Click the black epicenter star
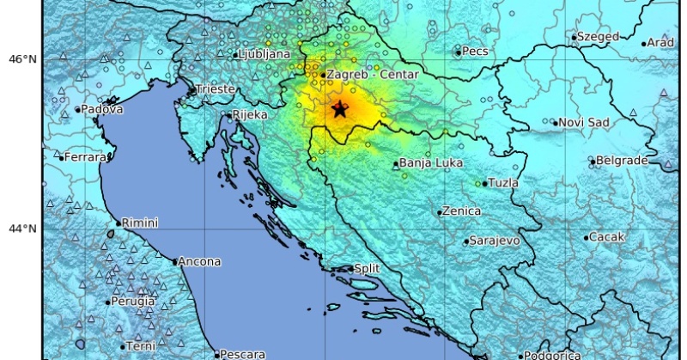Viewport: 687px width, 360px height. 340,109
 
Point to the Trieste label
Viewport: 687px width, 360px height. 215,88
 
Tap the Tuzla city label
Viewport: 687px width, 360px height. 502,183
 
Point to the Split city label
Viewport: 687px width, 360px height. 367,269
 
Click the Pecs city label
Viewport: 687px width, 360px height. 475,52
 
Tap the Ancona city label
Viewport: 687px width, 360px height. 201,261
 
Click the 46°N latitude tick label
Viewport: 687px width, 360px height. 22,59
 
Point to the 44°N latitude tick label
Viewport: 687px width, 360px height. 22,229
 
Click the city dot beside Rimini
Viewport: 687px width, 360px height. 119,223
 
